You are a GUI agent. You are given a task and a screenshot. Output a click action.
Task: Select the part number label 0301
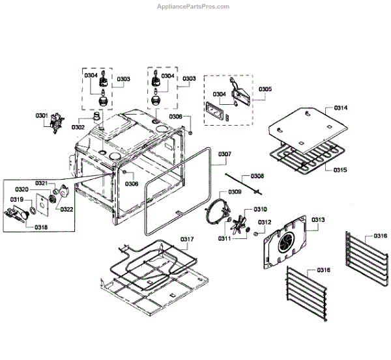[x=42, y=116]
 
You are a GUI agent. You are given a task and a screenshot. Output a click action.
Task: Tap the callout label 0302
[x=79, y=127]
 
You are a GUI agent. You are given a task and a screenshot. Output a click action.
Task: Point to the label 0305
[x=265, y=89]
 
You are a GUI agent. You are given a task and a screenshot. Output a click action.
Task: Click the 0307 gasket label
[x=224, y=154]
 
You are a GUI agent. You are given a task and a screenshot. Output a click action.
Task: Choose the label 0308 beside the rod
[x=257, y=176]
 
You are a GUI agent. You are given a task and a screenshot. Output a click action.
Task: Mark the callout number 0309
[x=235, y=192]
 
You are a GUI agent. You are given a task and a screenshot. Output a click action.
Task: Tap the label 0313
[x=317, y=219]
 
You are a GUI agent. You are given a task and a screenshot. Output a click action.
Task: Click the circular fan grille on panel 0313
[x=286, y=245]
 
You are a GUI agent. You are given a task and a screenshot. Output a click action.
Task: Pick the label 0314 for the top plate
[x=341, y=107]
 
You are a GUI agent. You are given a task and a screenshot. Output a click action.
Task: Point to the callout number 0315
[x=341, y=170]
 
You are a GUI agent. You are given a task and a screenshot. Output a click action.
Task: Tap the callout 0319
[x=16, y=199]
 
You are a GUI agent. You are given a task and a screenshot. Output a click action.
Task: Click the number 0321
[x=42, y=183]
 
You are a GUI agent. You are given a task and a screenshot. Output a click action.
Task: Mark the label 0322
[x=67, y=209]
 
